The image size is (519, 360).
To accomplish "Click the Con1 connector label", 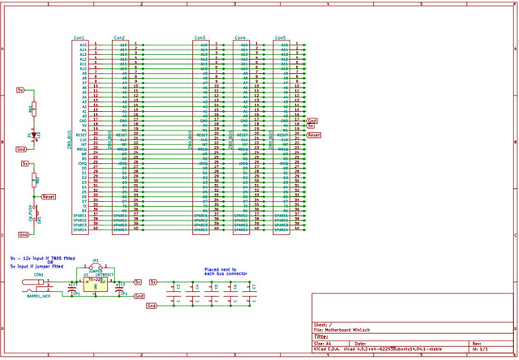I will [79, 38].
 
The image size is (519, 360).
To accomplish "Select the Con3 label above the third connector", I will [199, 38].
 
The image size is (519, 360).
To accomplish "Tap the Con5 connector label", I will [281, 38].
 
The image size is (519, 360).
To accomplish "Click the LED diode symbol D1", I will [32, 134].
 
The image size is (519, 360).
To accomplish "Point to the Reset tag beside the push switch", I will [48, 196].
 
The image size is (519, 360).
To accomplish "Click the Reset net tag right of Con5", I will [315, 135].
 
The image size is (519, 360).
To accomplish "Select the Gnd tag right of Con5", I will [312, 120].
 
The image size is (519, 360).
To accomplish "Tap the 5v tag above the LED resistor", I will [22, 91].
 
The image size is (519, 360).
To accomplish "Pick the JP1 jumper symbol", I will [96, 269].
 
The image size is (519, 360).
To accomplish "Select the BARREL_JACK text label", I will [38, 297].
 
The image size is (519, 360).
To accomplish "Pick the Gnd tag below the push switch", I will [24, 234].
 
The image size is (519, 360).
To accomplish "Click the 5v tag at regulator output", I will [152, 281].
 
